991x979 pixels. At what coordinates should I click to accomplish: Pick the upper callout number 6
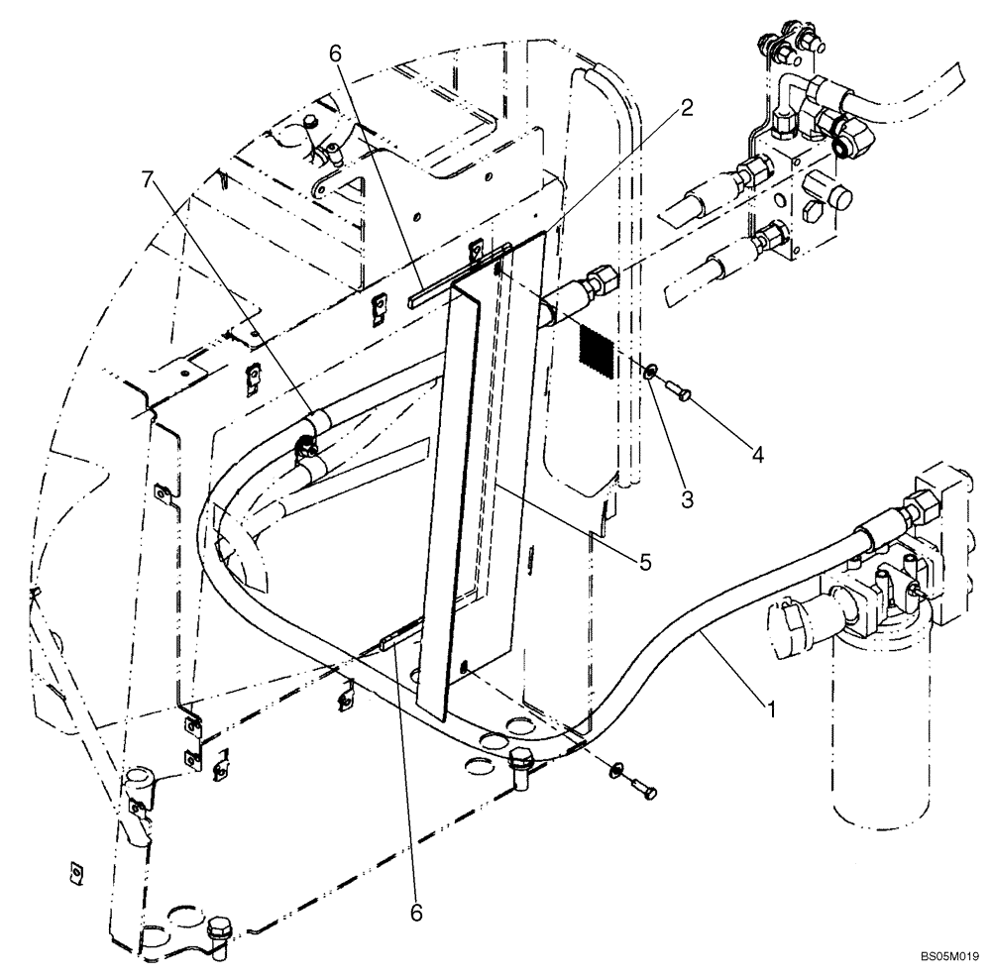(337, 54)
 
